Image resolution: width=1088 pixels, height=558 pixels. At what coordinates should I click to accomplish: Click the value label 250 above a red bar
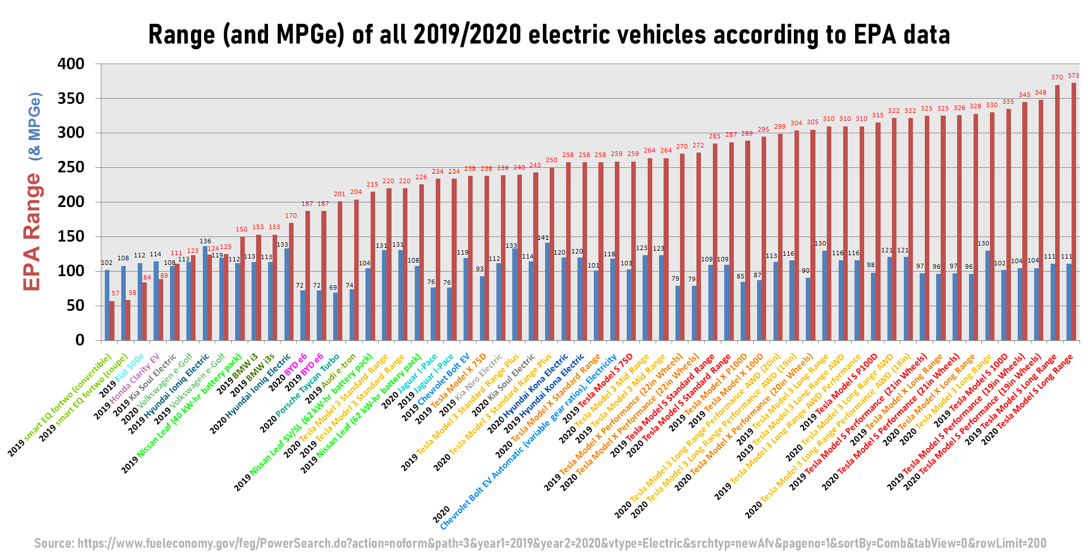[x=551, y=160]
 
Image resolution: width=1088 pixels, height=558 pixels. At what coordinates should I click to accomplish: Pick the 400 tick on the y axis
[x=71, y=64]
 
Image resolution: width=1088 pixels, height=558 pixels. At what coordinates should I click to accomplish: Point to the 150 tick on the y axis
[x=71, y=236]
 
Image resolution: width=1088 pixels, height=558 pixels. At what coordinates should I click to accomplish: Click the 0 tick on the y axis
[x=79, y=340]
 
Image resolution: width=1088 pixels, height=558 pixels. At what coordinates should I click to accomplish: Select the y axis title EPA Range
[x=32, y=232]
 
